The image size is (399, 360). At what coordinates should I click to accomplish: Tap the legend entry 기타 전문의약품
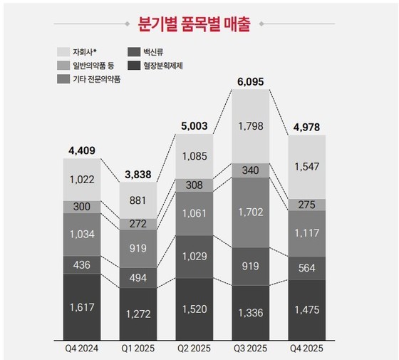97,79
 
